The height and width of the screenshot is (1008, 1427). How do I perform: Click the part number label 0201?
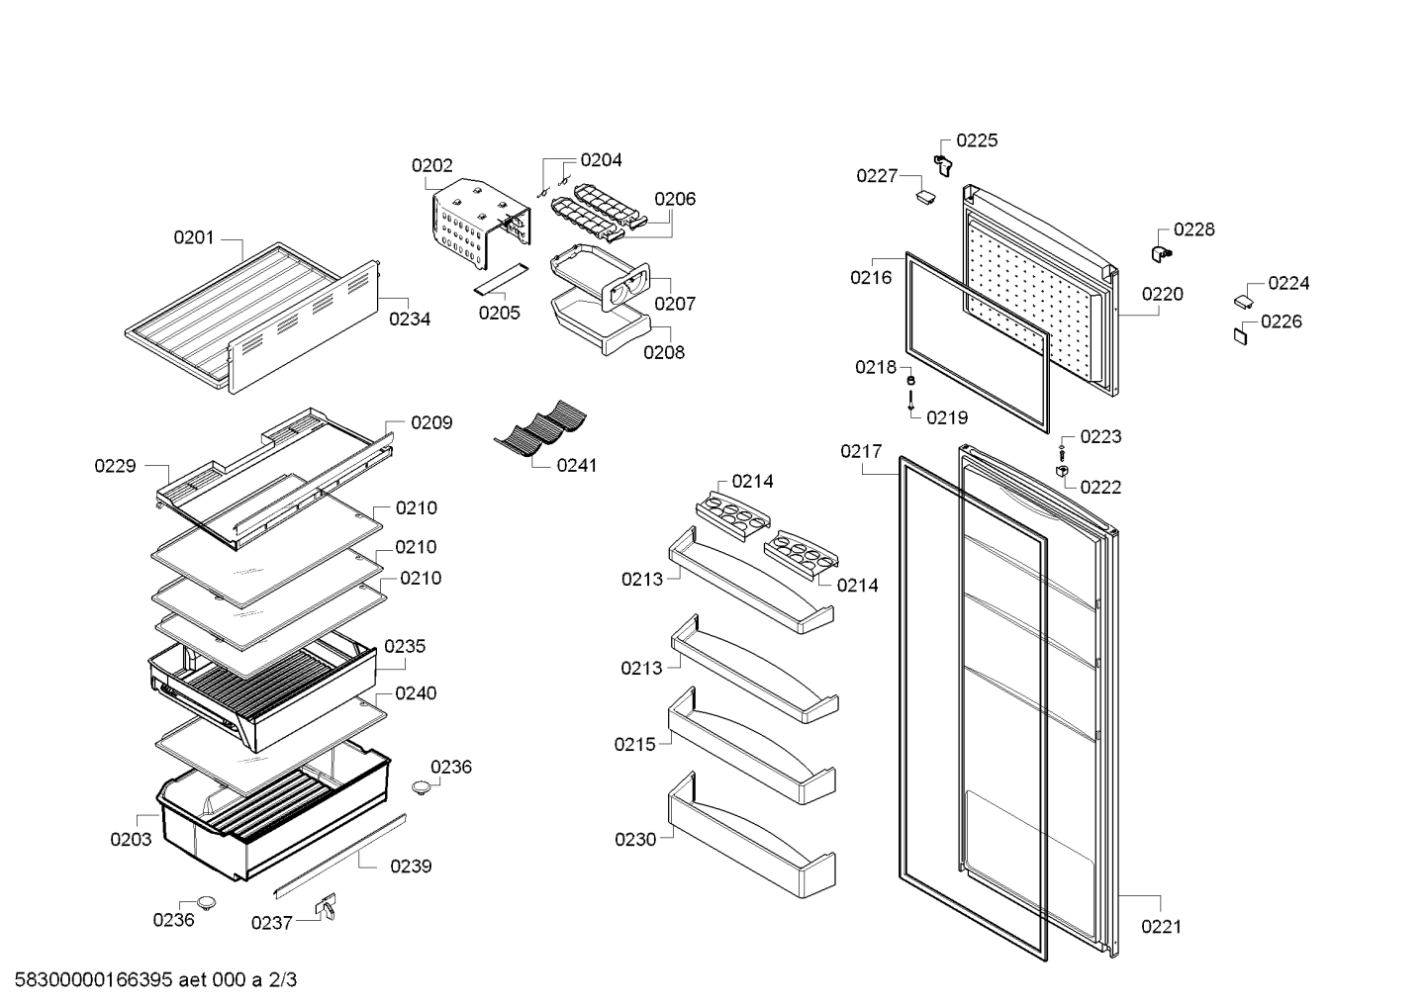194,237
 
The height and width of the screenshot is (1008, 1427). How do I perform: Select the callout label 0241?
577,466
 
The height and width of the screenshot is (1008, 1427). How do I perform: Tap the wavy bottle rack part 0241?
540,428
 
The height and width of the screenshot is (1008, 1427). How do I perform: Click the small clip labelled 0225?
943,165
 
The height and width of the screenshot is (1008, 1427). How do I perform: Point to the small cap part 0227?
926,196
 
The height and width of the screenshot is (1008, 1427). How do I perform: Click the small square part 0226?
1240,335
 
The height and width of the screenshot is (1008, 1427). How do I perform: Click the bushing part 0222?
1061,471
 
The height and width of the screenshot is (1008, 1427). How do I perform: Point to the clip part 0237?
327,906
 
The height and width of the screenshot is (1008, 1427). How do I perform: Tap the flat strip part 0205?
501,278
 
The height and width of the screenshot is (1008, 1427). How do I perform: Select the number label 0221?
1161,927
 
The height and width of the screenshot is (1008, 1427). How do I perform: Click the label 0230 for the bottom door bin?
635,839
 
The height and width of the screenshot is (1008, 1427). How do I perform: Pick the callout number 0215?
634,744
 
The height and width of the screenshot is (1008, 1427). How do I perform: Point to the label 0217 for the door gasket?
861,451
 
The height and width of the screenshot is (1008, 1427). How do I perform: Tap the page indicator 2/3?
283,979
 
